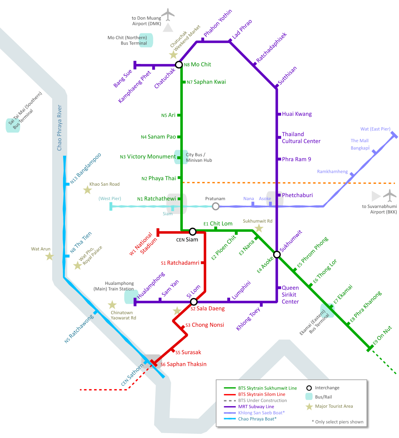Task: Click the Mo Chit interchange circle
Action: (x=179, y=65)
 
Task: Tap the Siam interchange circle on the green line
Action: (x=192, y=231)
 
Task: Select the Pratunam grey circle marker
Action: (x=215, y=206)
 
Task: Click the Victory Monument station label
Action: (x=152, y=157)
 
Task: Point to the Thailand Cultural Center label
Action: (x=301, y=138)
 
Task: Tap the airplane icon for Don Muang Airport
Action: (x=168, y=15)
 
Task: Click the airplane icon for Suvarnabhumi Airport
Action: (x=390, y=196)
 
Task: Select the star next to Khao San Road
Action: (x=88, y=190)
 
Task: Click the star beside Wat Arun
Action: (x=49, y=256)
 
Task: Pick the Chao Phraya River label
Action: (x=59, y=128)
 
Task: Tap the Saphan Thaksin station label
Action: (x=187, y=364)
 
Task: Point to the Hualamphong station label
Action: (x=151, y=286)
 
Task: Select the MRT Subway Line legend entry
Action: (x=256, y=407)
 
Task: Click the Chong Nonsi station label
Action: (x=207, y=325)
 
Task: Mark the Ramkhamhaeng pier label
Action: (x=332, y=172)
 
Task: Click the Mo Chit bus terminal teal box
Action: (x=146, y=40)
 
